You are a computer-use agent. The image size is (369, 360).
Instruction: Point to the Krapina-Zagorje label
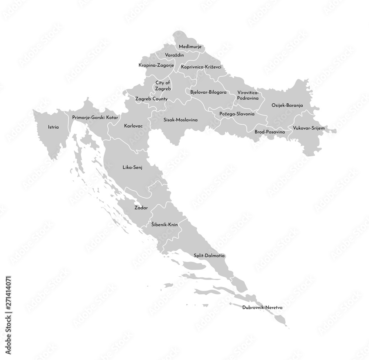[x=156, y=65]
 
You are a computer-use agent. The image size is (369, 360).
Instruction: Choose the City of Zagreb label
[x=163, y=86]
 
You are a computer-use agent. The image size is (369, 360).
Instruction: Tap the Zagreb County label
[x=151, y=99]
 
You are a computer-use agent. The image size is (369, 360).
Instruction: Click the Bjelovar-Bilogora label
[x=208, y=92]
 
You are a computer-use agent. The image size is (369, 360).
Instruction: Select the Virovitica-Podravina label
[x=248, y=96]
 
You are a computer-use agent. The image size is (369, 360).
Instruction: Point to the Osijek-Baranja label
[x=287, y=105]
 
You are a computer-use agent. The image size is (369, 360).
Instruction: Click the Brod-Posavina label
[x=270, y=132]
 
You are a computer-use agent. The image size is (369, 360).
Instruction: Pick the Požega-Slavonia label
[x=237, y=114]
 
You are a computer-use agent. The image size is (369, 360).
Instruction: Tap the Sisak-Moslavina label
[x=180, y=120]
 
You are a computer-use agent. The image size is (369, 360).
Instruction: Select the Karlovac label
[x=133, y=126]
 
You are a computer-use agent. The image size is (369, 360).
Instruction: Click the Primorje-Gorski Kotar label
[x=95, y=117]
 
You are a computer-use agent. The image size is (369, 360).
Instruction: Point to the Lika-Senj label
[x=132, y=167]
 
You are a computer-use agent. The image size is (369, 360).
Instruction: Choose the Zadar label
[x=141, y=208]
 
